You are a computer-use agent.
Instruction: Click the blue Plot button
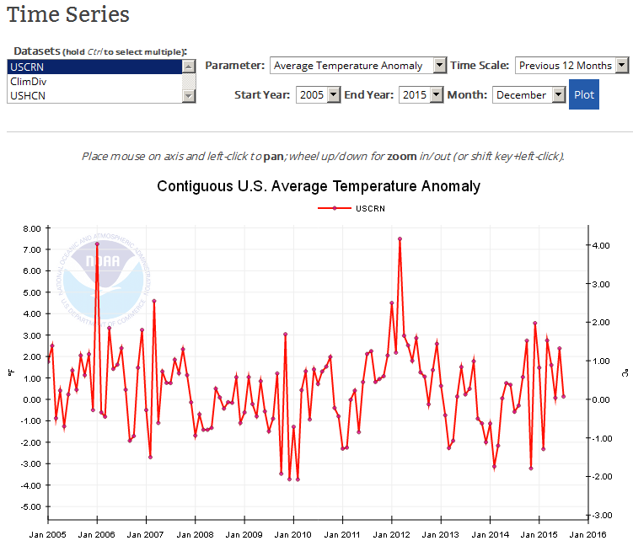(x=583, y=94)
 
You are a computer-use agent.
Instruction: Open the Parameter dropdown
(x=358, y=65)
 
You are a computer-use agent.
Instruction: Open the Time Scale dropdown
(x=572, y=65)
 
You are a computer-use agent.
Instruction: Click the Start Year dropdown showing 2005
(x=319, y=94)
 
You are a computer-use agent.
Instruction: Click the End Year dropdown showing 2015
(x=421, y=94)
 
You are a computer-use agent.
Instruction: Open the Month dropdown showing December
(x=529, y=94)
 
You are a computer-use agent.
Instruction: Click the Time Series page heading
(x=68, y=14)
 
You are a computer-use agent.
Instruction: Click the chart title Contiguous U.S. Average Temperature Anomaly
(x=319, y=185)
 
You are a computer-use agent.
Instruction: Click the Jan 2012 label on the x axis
(x=390, y=533)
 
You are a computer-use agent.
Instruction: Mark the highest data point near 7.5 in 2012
(x=400, y=238)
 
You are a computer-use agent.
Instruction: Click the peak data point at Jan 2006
(x=97, y=244)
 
